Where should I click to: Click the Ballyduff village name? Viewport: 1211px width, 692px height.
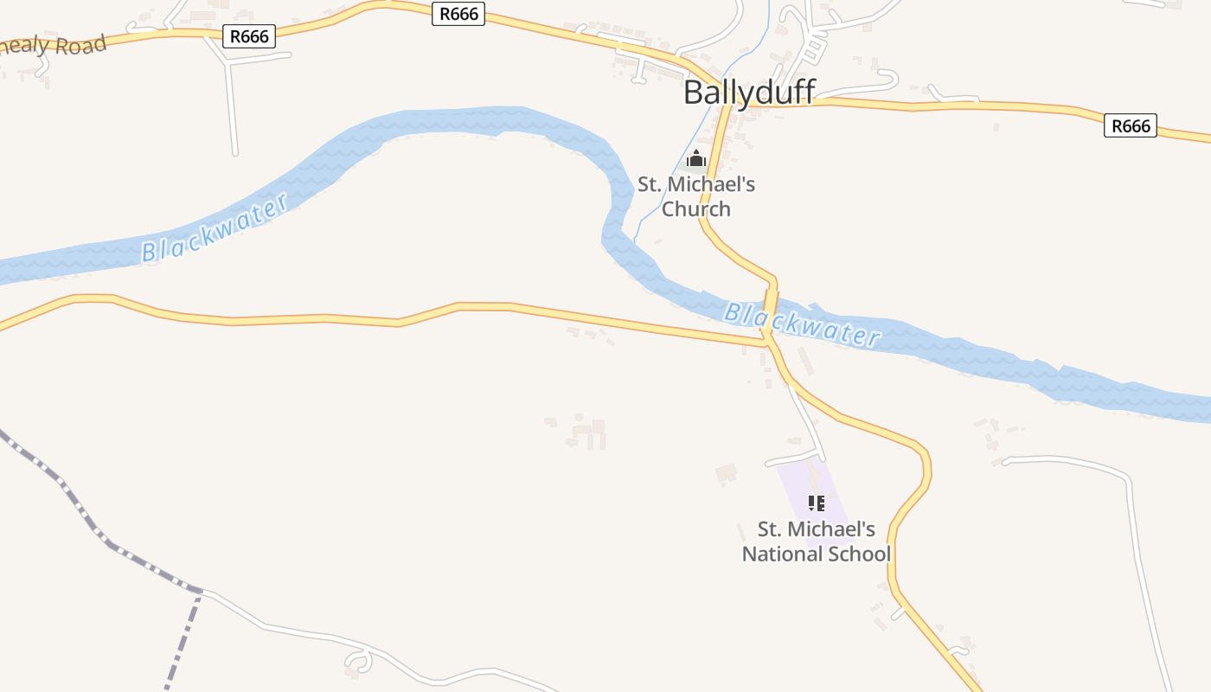(x=749, y=92)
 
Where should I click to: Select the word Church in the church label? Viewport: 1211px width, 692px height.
(x=696, y=208)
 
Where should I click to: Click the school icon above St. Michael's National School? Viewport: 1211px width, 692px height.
(x=816, y=503)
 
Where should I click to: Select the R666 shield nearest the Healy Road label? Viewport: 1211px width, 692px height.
(x=249, y=36)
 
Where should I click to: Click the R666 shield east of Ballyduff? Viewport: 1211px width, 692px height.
(x=1131, y=126)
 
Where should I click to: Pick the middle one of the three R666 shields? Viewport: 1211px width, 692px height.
(x=458, y=14)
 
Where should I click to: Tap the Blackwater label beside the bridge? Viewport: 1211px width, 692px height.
(x=801, y=324)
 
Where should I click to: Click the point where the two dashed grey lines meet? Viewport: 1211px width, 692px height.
(x=200, y=592)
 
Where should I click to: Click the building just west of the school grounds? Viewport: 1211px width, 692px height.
(x=726, y=473)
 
